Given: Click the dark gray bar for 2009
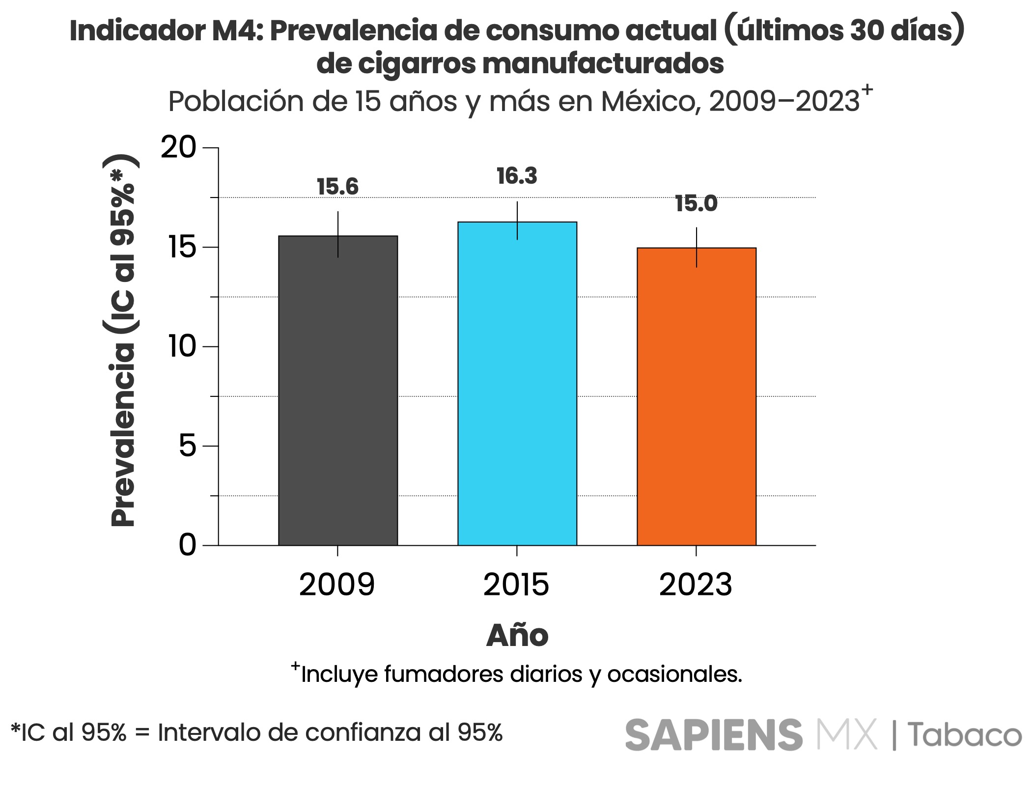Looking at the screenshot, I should (337, 391).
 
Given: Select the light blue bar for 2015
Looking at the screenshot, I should (517, 384).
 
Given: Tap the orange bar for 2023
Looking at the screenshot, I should (696, 396).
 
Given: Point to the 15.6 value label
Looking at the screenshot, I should (337, 187).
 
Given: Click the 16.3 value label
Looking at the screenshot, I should (517, 176).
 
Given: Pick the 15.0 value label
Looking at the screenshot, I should (696, 204).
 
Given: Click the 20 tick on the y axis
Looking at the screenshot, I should (178, 147).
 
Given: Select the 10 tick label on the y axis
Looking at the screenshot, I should (182, 346).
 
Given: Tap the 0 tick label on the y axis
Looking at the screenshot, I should (187, 545).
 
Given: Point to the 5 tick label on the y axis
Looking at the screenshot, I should (187, 446).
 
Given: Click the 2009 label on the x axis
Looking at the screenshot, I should (337, 585).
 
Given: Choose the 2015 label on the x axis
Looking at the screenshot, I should (516, 585).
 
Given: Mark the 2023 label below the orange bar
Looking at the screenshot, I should (696, 585).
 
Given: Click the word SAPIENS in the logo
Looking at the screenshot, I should (713, 735).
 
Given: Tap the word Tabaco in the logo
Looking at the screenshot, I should (964, 735).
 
